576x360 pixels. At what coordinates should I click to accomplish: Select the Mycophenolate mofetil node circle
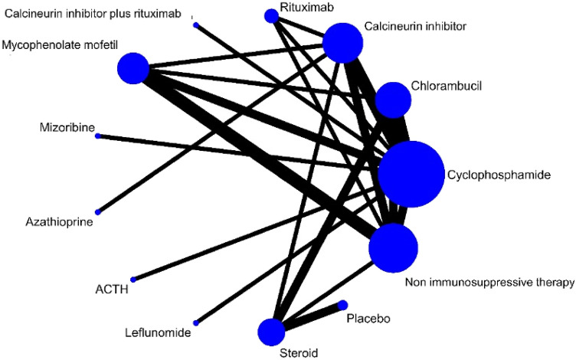[133, 68]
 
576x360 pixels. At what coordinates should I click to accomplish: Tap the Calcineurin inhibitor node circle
[342, 42]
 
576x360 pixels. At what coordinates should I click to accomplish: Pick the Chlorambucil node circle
[393, 100]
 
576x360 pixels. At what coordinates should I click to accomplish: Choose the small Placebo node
[342, 305]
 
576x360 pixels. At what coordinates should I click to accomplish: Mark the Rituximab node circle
[271, 15]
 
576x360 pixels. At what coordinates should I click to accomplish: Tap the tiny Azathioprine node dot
[97, 211]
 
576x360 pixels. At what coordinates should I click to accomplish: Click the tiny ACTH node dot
[133, 279]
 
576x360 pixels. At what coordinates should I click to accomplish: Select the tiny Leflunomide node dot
[195, 322]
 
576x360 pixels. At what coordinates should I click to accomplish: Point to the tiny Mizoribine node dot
[97, 136]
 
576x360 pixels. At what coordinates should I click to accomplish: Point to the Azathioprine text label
[58, 223]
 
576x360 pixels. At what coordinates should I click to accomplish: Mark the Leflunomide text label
[158, 333]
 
